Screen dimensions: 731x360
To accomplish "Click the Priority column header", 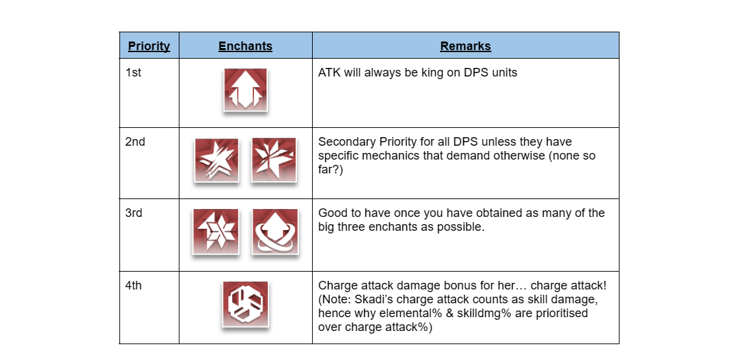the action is [x=149, y=46].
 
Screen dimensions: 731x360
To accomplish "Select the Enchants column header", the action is [x=245, y=46].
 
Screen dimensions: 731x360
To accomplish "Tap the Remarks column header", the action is [x=465, y=46].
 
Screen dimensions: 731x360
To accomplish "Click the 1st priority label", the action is [x=133, y=73].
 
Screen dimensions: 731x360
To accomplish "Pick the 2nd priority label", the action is [x=135, y=142].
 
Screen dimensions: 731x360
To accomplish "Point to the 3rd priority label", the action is [x=135, y=213].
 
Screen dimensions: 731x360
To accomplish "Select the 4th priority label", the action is [x=134, y=285].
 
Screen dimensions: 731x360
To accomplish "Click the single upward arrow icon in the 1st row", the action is [x=245, y=90].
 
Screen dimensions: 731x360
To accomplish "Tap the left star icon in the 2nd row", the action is [x=216, y=160].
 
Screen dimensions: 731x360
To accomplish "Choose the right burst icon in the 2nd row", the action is [x=274, y=160].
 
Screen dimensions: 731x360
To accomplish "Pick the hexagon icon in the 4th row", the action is [x=245, y=304].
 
